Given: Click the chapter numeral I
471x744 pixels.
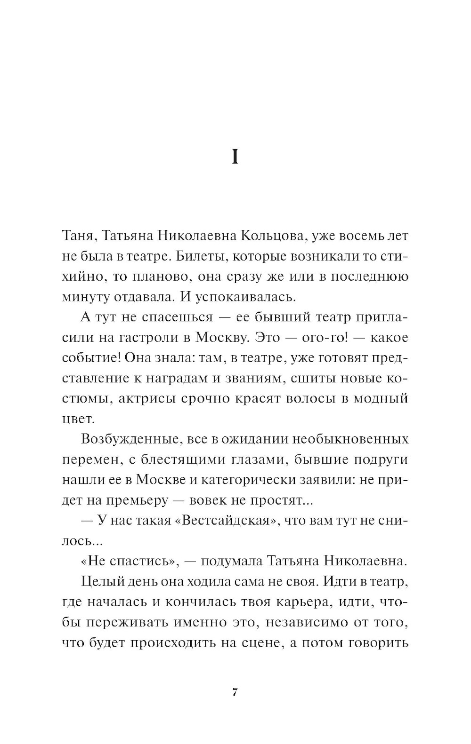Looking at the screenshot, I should tap(235, 157).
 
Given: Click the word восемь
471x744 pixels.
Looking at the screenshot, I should tap(353, 236).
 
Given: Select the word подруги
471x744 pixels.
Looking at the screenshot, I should tap(379, 460).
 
